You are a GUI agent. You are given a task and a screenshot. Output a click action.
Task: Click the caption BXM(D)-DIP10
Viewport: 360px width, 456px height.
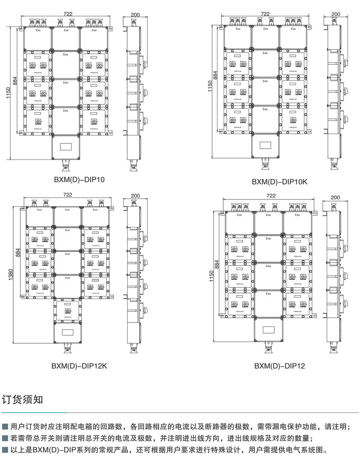click(79, 180)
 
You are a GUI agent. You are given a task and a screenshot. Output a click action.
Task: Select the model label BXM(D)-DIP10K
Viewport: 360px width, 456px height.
click(280, 182)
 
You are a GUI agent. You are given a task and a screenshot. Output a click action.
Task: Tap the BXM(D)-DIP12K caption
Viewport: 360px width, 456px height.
click(79, 365)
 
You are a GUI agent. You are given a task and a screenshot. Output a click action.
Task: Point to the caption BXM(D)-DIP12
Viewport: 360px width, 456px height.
click(280, 365)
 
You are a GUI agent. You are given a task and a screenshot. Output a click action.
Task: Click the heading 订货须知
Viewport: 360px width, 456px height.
click(22, 400)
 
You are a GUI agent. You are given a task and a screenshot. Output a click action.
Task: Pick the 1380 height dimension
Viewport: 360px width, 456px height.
click(10, 275)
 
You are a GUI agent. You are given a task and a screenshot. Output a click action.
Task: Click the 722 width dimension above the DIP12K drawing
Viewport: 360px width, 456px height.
click(68, 195)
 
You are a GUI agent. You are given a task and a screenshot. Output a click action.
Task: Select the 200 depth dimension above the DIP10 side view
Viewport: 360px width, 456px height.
click(135, 15)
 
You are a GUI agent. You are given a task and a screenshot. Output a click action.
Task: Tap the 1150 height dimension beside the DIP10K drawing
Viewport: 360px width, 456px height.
click(210, 86)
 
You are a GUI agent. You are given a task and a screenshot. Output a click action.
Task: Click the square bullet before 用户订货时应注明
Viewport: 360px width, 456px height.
click(5, 426)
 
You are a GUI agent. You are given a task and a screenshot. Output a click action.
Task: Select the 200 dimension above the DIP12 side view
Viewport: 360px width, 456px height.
click(335, 197)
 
